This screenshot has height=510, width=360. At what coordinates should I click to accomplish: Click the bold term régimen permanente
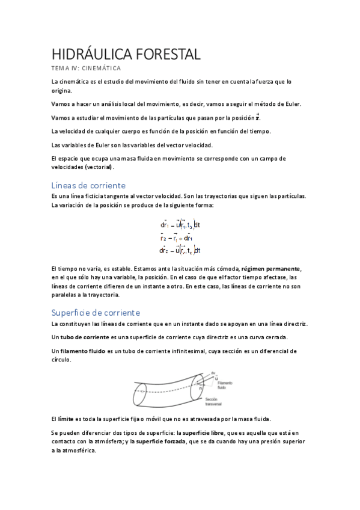(269, 268)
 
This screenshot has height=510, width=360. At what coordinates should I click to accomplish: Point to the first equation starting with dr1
(180, 225)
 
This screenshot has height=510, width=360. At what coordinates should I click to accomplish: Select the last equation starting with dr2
(180, 250)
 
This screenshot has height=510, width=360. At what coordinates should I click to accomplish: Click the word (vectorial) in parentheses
(107, 167)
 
